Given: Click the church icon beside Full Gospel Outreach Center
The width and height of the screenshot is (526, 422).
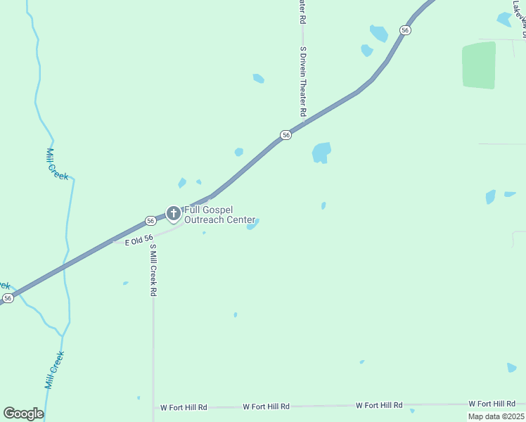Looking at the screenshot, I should [174, 212].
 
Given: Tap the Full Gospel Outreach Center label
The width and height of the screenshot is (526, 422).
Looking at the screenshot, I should [219, 215].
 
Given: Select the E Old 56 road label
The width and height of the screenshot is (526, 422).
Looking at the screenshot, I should [139, 241].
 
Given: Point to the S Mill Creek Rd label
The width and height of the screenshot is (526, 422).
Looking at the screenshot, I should [153, 270].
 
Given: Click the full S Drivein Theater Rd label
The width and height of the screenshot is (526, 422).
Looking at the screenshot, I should [303, 82].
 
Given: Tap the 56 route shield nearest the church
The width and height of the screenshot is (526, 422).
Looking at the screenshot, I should [150, 221].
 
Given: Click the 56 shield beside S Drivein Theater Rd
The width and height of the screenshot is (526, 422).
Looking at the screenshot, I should [286, 134].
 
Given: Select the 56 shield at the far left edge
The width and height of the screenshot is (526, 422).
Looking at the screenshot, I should [7, 298].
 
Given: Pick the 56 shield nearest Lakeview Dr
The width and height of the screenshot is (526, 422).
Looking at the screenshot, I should [405, 30].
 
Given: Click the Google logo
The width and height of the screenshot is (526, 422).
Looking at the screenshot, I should [23, 414].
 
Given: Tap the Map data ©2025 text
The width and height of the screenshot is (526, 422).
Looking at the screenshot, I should [496, 416].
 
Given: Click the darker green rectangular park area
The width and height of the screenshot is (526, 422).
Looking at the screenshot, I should [479, 65].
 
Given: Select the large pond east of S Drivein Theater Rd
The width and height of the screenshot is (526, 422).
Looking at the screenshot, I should [321, 152].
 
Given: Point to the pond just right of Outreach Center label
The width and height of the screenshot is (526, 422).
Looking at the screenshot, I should [253, 224].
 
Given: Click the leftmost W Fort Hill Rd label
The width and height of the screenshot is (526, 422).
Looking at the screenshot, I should [184, 407].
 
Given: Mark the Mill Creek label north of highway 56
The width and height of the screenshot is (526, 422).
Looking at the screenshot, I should [57, 164].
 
